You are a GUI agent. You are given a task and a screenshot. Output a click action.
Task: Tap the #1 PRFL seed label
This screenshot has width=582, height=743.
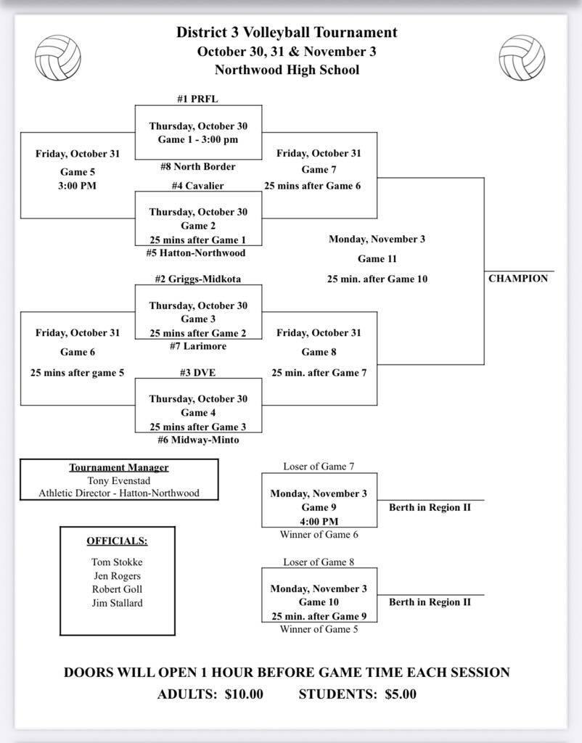tap(197, 99)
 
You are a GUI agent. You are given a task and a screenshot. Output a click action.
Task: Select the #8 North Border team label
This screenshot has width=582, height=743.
tap(198, 167)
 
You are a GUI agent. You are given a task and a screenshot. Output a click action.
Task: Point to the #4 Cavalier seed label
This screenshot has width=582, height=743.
tap(198, 186)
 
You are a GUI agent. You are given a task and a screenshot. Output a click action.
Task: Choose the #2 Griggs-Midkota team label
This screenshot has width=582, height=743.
tap(198, 279)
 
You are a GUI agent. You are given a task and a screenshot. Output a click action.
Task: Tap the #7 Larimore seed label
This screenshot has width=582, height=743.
tap(198, 346)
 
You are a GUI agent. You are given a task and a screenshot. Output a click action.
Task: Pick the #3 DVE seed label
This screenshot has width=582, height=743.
tap(198, 372)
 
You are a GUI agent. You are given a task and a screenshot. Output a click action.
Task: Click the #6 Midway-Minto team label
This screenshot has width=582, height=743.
tap(198, 440)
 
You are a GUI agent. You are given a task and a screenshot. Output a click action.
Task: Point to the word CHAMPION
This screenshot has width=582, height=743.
tap(518, 279)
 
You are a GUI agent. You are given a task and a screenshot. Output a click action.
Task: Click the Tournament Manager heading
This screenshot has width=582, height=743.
tap(119, 467)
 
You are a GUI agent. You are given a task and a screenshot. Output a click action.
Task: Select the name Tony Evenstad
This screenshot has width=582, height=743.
tap(119, 480)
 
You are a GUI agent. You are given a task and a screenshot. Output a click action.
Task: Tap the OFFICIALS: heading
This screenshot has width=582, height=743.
tap(117, 541)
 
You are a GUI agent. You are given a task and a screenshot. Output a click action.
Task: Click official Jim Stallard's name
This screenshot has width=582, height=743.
tap(117, 603)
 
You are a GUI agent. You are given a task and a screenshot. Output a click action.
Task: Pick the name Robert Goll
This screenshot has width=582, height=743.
tap(117, 589)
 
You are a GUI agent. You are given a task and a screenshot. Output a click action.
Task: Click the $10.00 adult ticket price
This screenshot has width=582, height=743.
tap(244, 694)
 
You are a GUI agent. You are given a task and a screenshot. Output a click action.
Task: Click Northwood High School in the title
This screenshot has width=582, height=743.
tap(287, 70)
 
